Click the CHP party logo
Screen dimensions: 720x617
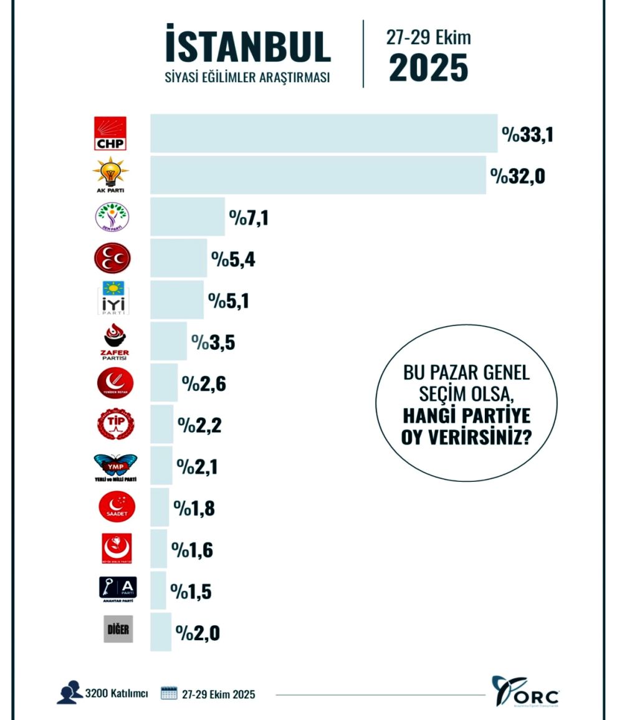click(111, 133)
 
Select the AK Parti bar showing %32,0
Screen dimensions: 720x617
click(318, 175)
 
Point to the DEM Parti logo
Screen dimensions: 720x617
click(112, 217)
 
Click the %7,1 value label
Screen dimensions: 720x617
click(248, 218)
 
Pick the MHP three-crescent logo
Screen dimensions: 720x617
click(112, 258)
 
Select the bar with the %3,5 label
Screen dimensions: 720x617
click(168, 342)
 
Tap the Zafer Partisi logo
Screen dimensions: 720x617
click(114, 342)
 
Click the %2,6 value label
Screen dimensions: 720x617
click(203, 383)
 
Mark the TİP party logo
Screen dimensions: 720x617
click(115, 425)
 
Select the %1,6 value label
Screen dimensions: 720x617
click(193, 550)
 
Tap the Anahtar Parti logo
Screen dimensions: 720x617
click(118, 588)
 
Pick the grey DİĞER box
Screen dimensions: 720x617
click(118, 629)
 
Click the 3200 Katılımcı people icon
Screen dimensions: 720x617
click(69, 693)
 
